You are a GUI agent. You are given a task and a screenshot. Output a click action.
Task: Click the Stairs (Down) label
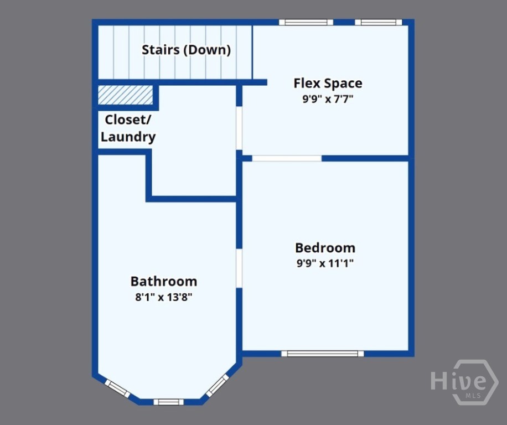click(186, 50)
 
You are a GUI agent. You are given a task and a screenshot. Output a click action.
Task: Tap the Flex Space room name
click(328, 84)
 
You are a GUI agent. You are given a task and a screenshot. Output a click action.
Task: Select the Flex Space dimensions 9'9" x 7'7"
click(328, 100)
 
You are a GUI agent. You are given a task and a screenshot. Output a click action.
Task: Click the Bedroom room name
click(325, 248)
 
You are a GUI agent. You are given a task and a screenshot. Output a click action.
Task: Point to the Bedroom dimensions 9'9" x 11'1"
click(325, 263)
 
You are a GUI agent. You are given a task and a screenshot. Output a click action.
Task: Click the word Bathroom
click(164, 281)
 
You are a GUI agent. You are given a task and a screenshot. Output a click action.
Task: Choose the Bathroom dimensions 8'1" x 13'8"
click(164, 297)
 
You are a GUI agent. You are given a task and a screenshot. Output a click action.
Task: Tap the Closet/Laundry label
click(128, 128)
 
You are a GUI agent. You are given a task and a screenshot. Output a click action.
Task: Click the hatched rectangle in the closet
click(125, 95)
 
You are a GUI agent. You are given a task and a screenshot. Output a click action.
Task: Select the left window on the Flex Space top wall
click(306, 23)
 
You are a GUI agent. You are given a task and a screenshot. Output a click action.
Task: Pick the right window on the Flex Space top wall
click(379, 23)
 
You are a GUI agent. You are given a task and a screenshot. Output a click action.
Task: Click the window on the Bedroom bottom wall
click(322, 354)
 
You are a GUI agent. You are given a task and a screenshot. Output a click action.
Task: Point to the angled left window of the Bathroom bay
click(117, 389)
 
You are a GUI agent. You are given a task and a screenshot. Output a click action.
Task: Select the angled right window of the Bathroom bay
click(218, 386)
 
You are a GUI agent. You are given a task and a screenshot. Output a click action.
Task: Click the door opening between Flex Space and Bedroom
click(287, 158)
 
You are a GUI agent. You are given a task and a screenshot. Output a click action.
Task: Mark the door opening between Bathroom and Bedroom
click(239, 268)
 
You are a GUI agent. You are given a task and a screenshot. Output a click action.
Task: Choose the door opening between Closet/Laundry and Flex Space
click(239, 128)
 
